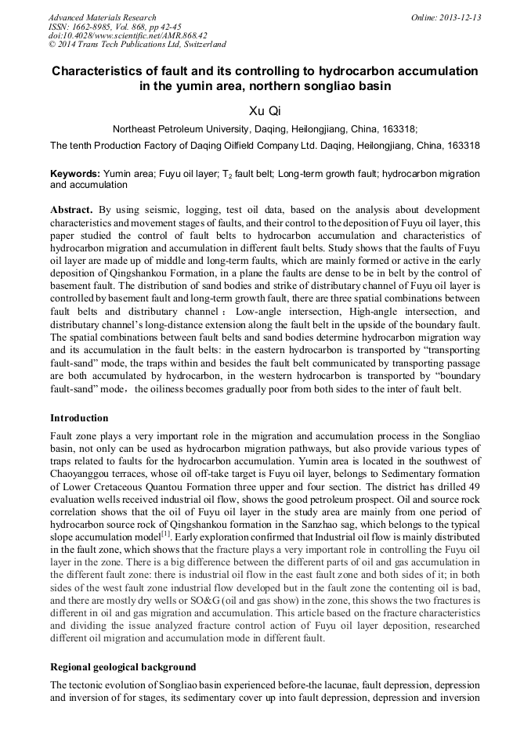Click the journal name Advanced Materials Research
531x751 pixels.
click(x=102, y=17)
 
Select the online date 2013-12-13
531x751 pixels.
click(x=460, y=17)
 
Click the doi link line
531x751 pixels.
click(x=127, y=35)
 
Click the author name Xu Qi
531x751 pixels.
click(x=265, y=111)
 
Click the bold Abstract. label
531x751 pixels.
click(x=72, y=211)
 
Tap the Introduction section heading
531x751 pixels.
click(x=79, y=417)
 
